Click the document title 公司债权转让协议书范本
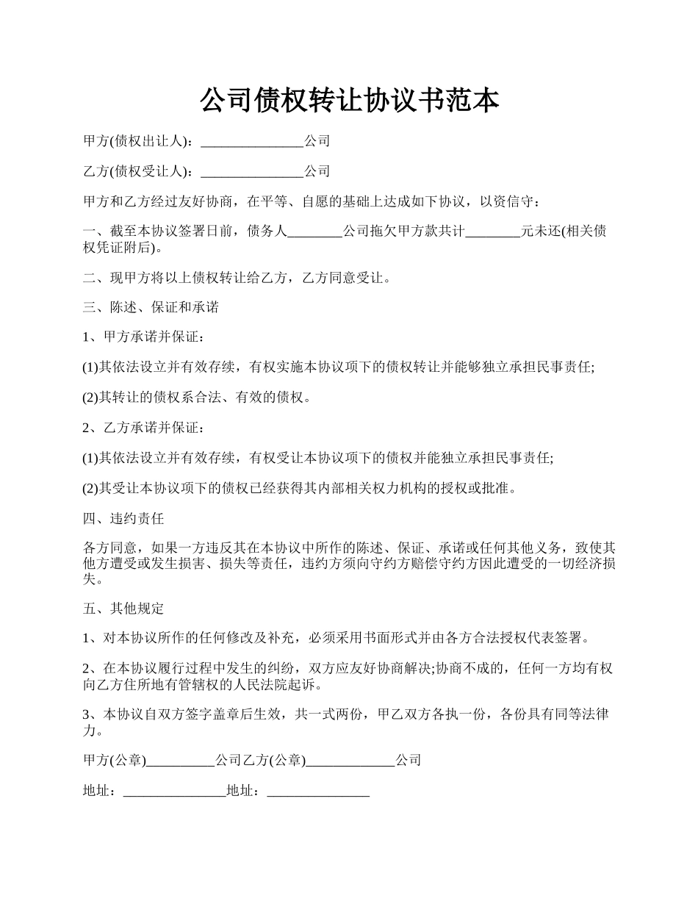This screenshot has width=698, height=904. click(x=349, y=101)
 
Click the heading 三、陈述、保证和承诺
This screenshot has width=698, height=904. click(x=151, y=307)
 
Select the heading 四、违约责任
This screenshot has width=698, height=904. click(x=123, y=518)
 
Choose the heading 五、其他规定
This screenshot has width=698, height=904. click(x=123, y=609)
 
